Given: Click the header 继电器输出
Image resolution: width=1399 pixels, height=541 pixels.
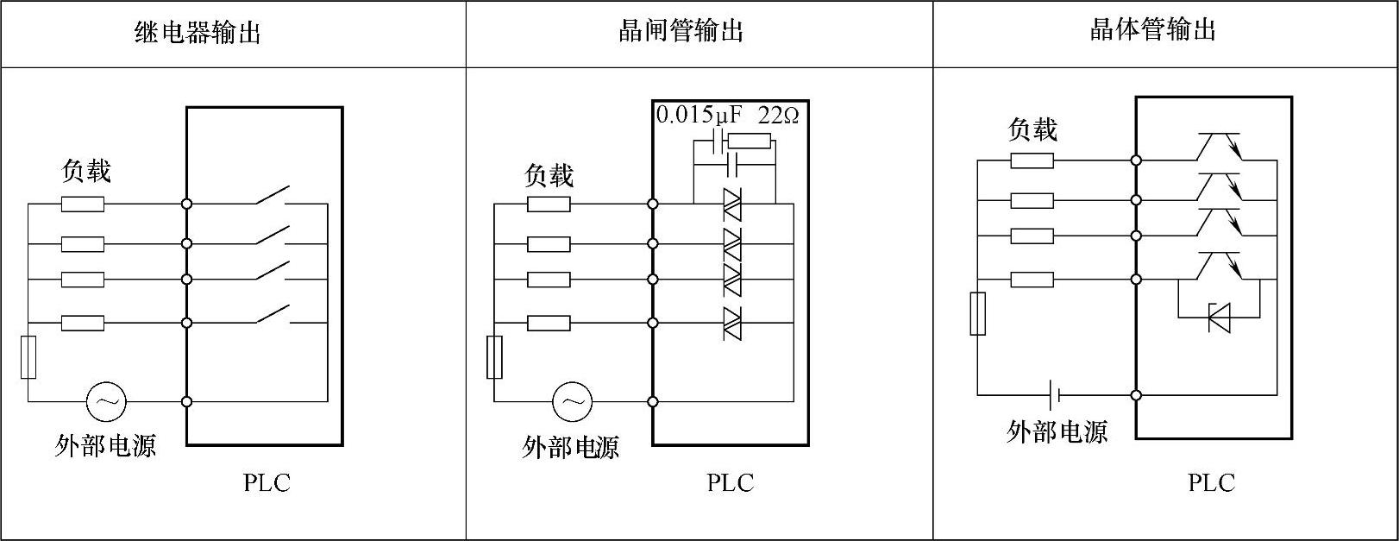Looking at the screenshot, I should click(x=198, y=33).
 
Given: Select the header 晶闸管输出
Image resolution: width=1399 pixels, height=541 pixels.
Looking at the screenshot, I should click(x=681, y=32).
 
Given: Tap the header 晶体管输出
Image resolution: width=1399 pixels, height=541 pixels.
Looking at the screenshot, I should click(x=1153, y=30).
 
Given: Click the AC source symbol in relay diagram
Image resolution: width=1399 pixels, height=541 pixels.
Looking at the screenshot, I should click(x=106, y=401).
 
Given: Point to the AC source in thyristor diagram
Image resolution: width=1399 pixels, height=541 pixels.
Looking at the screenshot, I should click(x=572, y=401).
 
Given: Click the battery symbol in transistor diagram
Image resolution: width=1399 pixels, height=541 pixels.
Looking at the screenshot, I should click(x=1054, y=395).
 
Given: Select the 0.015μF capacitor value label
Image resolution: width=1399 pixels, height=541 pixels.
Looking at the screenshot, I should click(x=699, y=115).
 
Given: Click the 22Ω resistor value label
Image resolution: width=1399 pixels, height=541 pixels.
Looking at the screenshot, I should click(x=778, y=115).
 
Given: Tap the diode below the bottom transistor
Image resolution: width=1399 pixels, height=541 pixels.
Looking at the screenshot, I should click(x=1219, y=318).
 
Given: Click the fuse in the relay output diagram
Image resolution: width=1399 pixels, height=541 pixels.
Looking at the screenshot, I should click(x=28, y=357).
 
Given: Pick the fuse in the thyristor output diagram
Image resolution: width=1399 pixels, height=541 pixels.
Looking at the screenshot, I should click(x=494, y=357).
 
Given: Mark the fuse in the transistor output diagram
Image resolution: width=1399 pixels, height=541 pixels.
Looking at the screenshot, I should click(x=977, y=313).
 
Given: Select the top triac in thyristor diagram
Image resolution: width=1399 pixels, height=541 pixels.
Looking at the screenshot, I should click(x=732, y=204).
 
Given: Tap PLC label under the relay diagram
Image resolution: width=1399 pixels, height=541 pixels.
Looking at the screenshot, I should click(x=267, y=482).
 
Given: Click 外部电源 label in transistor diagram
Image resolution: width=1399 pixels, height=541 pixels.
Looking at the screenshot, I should click(x=1057, y=431).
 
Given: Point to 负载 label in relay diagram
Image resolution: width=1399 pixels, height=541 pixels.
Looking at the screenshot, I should click(x=86, y=171).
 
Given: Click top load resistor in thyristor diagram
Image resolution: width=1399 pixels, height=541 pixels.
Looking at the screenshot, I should click(x=549, y=204).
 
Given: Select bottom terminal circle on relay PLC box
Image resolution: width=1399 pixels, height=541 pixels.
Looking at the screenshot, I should click(x=187, y=401).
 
